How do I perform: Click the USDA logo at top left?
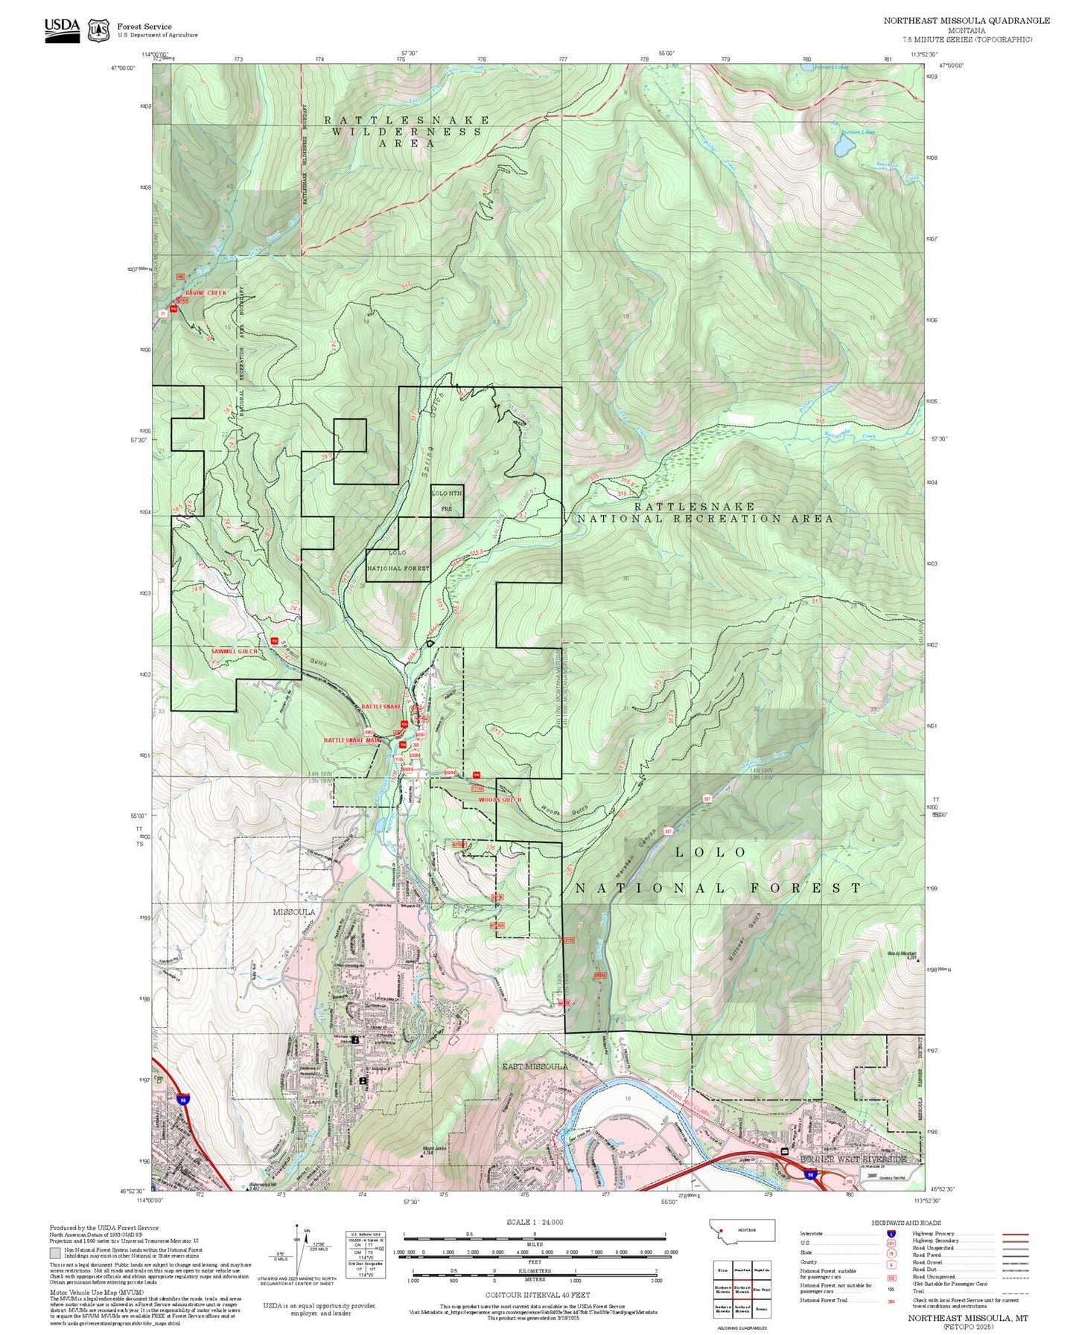click(62, 30)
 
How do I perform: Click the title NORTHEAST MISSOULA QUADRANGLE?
click(967, 21)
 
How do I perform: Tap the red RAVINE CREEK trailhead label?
click(206, 293)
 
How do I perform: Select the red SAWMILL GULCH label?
click(234, 651)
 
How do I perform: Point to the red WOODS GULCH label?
click(500, 800)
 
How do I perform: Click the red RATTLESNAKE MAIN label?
click(352, 740)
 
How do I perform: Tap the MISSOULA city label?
click(293, 912)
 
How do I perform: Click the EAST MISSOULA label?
click(535, 1066)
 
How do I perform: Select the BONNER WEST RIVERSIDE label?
click(853, 1159)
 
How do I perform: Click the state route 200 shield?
click(848, 1181)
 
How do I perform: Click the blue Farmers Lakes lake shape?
click(844, 147)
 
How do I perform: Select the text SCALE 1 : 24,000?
click(534, 1222)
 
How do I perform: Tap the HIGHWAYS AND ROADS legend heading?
click(906, 1223)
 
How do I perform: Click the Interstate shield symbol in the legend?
click(891, 1234)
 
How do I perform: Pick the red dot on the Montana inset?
click(721, 1230)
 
